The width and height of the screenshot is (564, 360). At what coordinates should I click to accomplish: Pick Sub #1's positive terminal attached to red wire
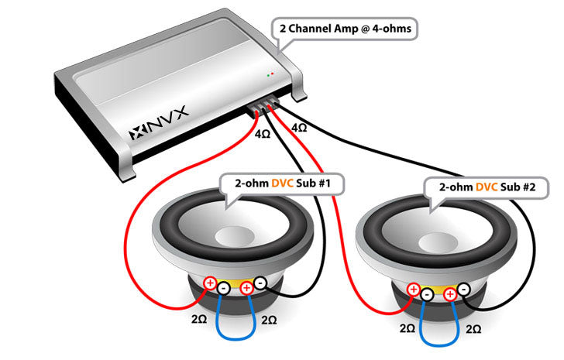[210, 283]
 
